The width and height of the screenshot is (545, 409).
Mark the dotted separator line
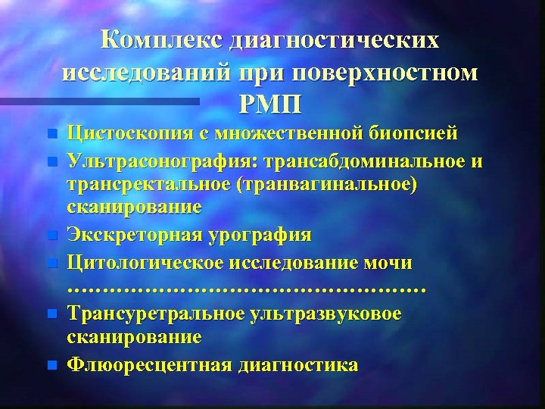246,289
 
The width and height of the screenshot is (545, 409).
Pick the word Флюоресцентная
148,364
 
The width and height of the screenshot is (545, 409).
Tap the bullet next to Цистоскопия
51,135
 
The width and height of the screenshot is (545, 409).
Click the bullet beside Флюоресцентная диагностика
51,365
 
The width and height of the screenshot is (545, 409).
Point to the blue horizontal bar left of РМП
121,100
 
